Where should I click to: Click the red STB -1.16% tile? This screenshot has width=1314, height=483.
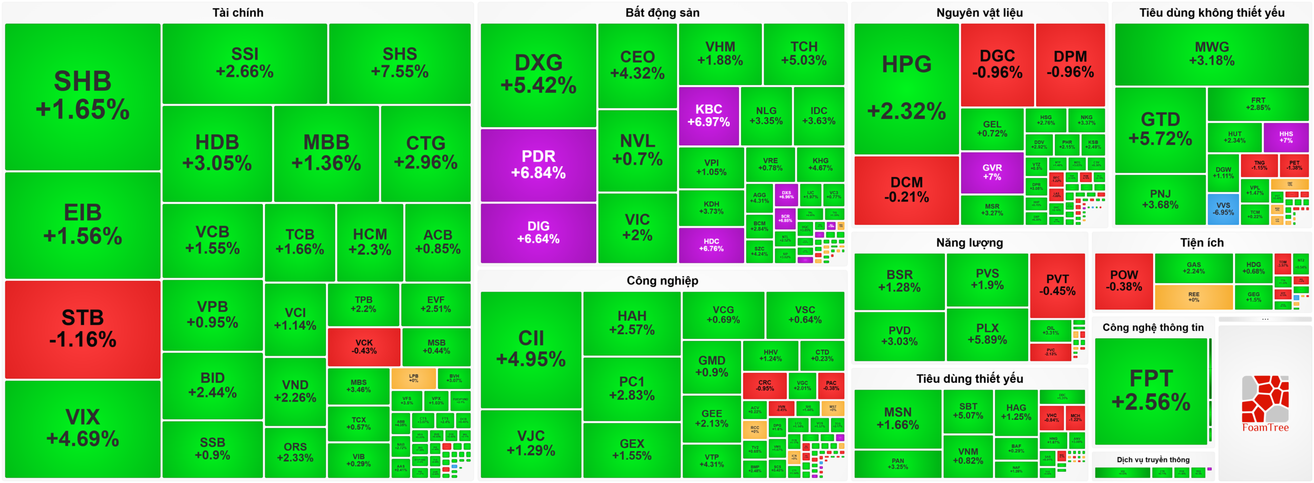[x=83, y=329]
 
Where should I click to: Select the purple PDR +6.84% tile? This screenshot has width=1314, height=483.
[x=538, y=165]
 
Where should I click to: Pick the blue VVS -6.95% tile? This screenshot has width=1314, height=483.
[x=1223, y=209]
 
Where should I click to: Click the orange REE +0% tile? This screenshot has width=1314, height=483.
[x=1193, y=297]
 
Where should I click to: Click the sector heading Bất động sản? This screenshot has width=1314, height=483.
[x=662, y=13]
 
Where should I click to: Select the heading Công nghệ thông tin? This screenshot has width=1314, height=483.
[x=1153, y=327]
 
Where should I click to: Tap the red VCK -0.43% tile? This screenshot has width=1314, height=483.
[x=364, y=346]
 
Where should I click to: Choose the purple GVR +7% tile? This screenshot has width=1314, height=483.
[x=992, y=172]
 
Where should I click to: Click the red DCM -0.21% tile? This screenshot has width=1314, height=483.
[x=906, y=190]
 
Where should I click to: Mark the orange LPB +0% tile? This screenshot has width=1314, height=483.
[x=413, y=378]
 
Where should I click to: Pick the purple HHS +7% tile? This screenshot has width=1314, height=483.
[x=1286, y=137]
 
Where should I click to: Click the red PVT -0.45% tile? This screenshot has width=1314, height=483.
[x=1057, y=285]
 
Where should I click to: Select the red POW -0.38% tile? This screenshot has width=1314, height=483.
[x=1124, y=281]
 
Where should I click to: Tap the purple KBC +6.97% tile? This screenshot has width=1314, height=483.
[x=708, y=116]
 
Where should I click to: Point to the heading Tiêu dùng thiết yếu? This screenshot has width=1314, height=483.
[x=969, y=379]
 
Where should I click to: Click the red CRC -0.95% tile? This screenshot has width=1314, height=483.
[x=764, y=385]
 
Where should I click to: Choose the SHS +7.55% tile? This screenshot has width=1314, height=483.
[x=399, y=63]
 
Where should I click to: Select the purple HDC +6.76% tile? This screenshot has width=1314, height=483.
[x=711, y=245]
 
